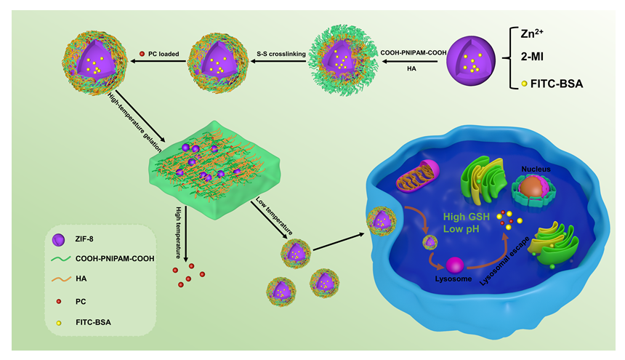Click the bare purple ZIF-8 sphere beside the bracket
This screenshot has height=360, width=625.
click(473, 62)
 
